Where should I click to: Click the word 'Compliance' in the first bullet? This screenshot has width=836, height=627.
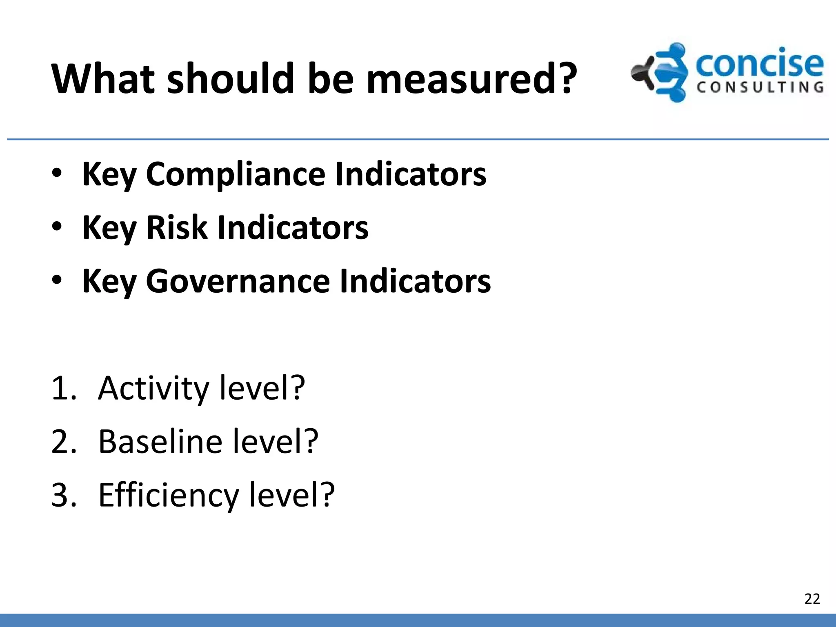point(236,175)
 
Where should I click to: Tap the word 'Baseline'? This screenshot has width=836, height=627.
point(160,442)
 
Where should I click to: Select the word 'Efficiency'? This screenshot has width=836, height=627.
point(168,496)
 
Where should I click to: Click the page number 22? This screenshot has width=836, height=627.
point(812,599)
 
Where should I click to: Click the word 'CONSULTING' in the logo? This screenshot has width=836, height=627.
point(760,87)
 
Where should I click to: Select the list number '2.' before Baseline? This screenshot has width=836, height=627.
point(64,442)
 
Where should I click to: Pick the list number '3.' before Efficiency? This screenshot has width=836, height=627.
point(64,496)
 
